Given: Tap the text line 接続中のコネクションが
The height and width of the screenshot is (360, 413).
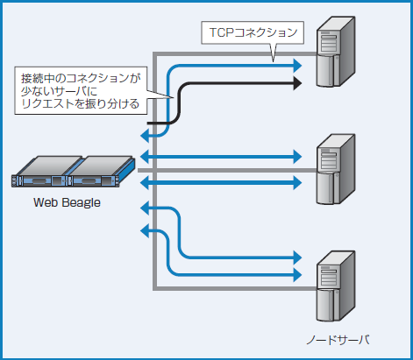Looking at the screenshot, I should [81, 78].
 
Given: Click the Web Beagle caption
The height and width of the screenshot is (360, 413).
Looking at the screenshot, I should [67, 202].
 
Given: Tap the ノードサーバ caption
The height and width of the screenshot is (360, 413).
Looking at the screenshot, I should [342, 340].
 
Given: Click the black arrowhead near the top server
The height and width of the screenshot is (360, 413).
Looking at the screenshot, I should [296, 84].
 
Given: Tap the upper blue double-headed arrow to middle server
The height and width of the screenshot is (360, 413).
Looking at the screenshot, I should [219, 156].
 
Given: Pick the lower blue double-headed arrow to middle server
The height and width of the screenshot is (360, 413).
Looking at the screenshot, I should [219, 182].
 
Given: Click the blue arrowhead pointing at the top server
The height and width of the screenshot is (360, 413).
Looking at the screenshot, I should [296, 65].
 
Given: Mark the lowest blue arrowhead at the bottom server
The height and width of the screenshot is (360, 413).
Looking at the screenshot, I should [296, 273].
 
